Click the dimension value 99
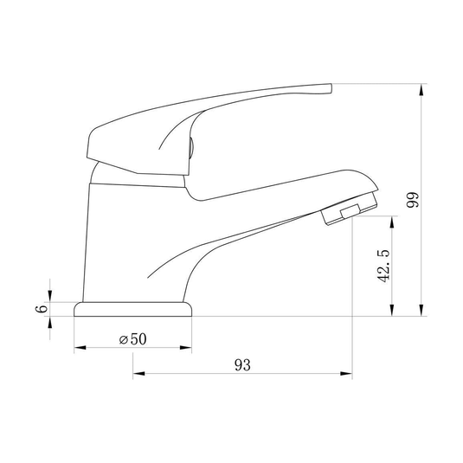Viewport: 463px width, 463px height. tap(413, 200)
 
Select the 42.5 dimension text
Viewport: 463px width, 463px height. tap(383, 267)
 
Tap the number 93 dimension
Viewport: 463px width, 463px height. tap(242, 365)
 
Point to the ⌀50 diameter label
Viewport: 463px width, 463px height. tap(132, 339)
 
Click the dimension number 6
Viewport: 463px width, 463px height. tap(42, 309)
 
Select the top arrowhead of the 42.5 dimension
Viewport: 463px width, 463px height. tap(392, 222)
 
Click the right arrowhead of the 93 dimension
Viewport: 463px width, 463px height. tap(346, 374)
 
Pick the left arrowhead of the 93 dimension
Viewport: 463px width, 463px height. tap(138, 374)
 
